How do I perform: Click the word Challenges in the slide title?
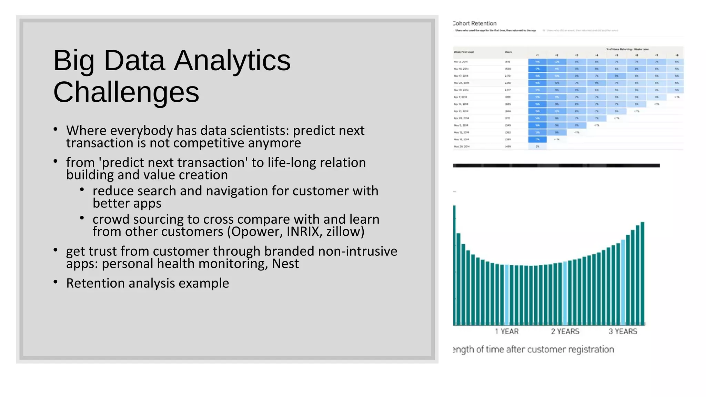[126, 92]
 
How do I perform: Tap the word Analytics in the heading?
[232, 61]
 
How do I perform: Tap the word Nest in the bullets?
[285, 264]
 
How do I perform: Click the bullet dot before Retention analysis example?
[56, 282]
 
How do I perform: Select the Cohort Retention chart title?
[475, 23]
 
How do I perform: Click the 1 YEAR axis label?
[507, 332]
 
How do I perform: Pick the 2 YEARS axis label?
[565, 332]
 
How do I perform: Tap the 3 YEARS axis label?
[623, 332]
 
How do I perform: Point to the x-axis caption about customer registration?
[533, 349]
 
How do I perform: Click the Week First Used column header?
[464, 52]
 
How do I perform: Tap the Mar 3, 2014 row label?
[461, 62]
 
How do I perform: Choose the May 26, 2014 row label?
[462, 146]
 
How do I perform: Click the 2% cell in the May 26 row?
[537, 146]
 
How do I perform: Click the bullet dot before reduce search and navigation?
[82, 190]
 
